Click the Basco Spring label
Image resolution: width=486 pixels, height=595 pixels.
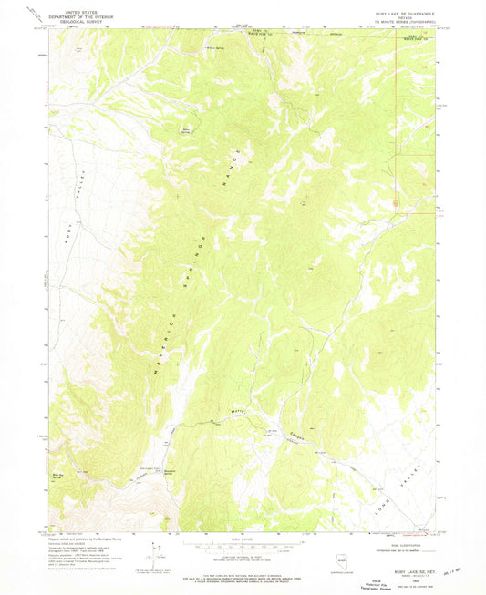point(188,129)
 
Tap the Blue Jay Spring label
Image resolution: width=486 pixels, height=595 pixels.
point(59,475)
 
